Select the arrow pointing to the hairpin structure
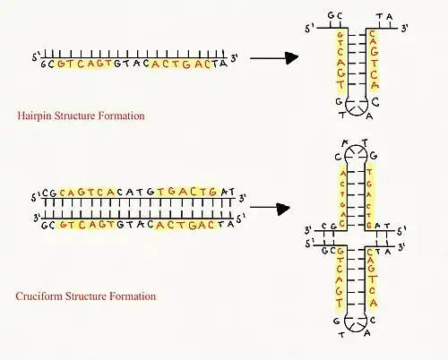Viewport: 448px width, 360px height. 274,58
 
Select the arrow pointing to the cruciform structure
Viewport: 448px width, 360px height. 270,209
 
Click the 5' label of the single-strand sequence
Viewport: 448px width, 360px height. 36,56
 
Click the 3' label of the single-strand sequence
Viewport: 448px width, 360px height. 234,58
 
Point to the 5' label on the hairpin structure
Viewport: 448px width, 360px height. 309,29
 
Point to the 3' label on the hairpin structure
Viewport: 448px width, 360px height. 404,29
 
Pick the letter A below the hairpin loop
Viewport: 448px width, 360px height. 369,116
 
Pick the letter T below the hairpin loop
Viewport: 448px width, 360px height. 342,115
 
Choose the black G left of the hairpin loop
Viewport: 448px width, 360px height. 339,101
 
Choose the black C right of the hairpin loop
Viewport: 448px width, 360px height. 375,102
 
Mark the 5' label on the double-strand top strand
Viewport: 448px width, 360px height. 36,197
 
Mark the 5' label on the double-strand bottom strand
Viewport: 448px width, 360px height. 241,219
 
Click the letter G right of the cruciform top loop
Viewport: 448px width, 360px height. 374,156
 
